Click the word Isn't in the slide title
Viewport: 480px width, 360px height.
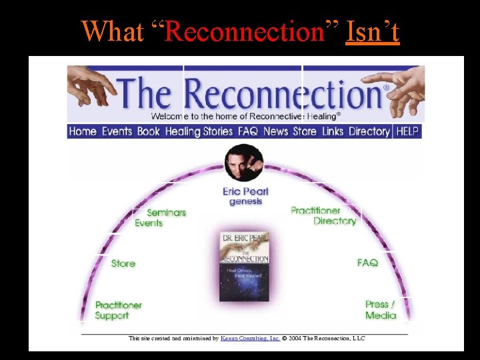point(373,31)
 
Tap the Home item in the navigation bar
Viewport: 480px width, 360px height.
point(83,131)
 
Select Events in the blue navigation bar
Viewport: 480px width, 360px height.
point(117,131)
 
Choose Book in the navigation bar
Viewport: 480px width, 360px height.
point(149,131)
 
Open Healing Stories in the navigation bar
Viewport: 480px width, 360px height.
point(199,131)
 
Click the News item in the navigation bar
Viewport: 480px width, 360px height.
point(275,131)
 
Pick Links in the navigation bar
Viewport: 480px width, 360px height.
point(333,131)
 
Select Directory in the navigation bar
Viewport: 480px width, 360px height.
point(369,131)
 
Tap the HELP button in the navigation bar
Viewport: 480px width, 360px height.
point(407,131)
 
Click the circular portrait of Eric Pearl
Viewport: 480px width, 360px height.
point(244,163)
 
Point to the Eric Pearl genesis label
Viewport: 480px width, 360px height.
point(245,197)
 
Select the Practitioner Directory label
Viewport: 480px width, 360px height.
point(324,215)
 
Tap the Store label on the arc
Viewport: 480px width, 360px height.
point(123,263)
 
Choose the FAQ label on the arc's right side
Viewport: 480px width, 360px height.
point(367,263)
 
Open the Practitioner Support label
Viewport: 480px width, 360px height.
point(119,310)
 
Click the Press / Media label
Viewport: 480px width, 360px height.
point(380,310)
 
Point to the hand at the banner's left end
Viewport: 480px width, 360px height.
point(90,83)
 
